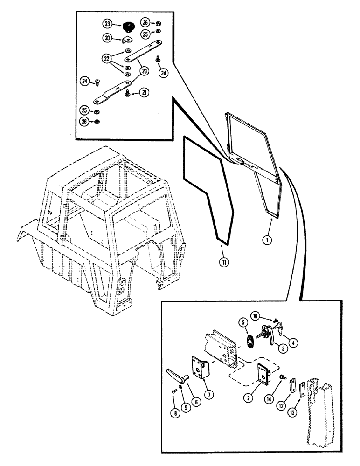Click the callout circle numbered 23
click(x=108, y=24)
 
